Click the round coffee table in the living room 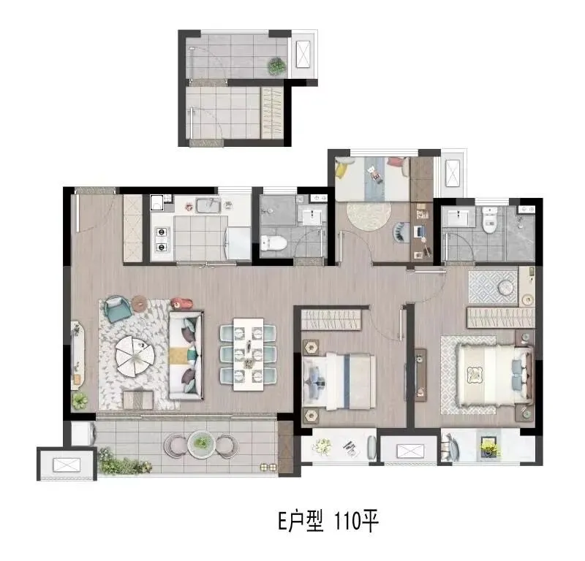(135, 356)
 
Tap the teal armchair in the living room (118, 308)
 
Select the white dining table (249, 354)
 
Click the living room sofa (186, 355)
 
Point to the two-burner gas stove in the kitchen (161, 239)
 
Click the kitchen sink (208, 205)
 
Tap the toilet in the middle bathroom (273, 243)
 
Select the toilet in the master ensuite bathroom (489, 220)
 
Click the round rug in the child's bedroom (369, 216)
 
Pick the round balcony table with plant (202, 443)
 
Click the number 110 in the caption (345, 521)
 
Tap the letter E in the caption (282, 521)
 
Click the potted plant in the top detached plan (277, 66)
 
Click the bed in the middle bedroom (339, 381)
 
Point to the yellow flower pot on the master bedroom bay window (489, 446)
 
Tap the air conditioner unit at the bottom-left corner (67, 465)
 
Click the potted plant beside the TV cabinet (80, 401)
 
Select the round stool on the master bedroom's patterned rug (505, 286)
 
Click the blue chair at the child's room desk (399, 232)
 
